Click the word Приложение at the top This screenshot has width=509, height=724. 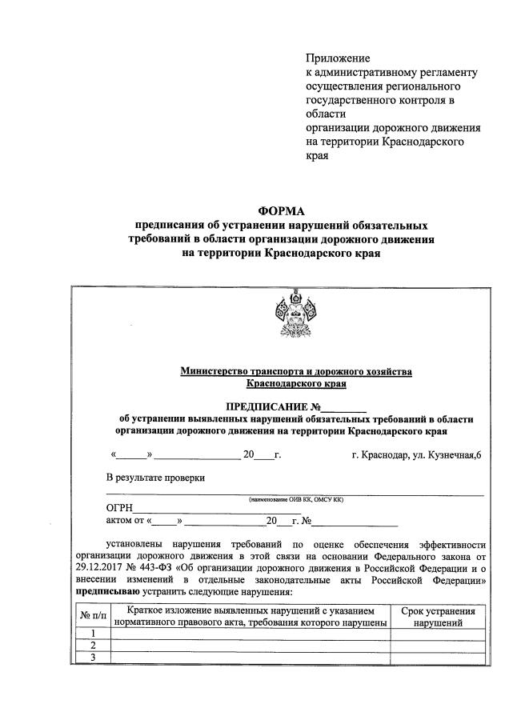[339, 58]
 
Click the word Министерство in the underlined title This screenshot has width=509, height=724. [214, 371]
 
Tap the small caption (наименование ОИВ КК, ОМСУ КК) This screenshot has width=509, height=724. [295, 499]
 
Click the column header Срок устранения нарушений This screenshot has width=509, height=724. [438, 616]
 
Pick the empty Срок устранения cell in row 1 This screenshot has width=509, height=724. [438, 634]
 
